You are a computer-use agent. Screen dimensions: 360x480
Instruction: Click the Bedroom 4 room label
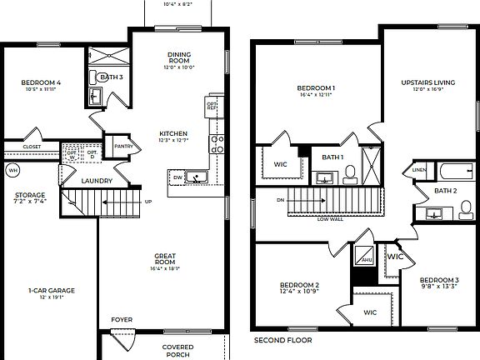41,82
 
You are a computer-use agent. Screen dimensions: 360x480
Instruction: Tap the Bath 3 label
111,77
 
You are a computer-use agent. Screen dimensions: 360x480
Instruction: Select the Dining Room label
179,58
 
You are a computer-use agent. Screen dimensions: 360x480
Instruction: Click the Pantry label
123,146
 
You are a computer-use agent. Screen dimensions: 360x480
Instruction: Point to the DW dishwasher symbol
177,177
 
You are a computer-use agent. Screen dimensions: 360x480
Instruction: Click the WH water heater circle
12,171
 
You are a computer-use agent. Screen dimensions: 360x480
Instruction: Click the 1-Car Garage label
51,291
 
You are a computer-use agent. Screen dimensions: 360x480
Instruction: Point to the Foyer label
122,318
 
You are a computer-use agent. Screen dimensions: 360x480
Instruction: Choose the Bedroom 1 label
316,87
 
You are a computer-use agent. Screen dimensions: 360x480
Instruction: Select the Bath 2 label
446,191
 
